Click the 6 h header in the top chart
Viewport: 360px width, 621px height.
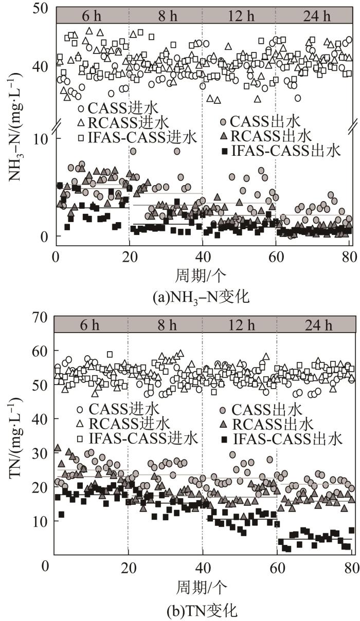91,15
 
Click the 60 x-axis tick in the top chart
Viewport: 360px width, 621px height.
276,255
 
